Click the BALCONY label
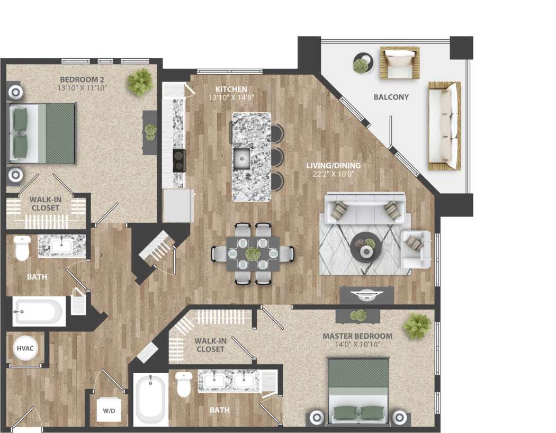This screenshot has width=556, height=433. coord(391,97)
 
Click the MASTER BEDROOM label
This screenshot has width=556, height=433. coord(357,336)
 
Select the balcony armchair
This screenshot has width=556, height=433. coord(399,62)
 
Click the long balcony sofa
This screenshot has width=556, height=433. coord(444,126)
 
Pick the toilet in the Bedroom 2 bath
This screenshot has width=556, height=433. coord(22,248)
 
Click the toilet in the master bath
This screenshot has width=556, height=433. coord(184,385)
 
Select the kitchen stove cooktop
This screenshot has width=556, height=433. coord(179,160)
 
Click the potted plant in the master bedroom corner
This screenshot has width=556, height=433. coord(418,326)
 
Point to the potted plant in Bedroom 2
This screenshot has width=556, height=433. coord(140,82)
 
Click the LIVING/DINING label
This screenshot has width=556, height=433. coord(334,166)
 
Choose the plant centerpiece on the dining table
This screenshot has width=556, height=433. coord(253,253)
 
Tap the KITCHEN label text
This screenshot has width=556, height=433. coord(228,89)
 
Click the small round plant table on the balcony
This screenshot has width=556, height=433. coord(362,64)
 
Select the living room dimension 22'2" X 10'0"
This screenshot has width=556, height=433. coord(334,174)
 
